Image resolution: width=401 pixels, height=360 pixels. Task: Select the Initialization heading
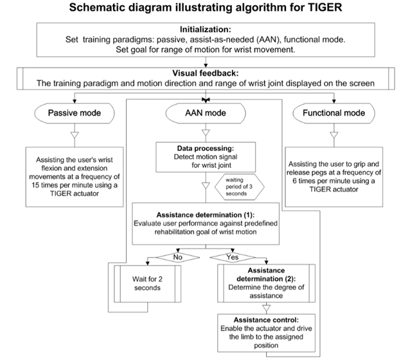201,29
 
